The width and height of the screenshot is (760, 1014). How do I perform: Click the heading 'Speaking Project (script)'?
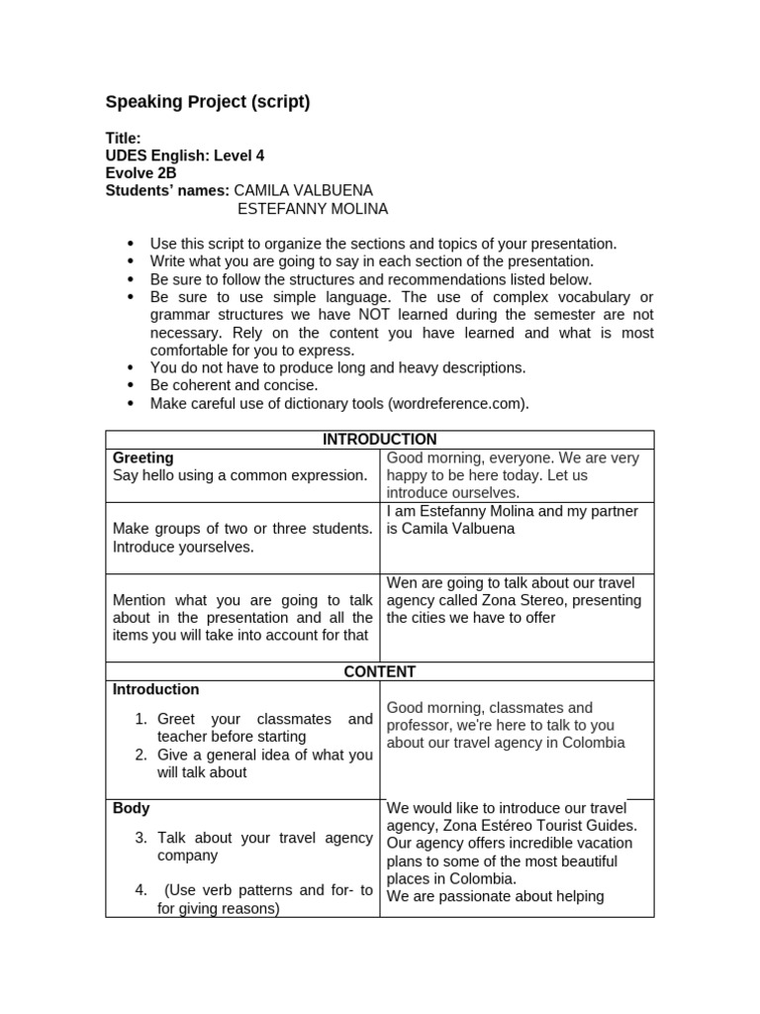tap(208, 102)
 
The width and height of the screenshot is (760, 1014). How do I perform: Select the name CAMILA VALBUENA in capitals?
tap(304, 190)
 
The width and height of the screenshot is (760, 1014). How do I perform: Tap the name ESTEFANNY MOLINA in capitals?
tap(313, 209)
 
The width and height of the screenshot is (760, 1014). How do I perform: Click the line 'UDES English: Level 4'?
tap(185, 155)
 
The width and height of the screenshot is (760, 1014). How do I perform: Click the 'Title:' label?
tap(124, 138)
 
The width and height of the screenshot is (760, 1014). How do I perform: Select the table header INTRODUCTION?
tap(379, 440)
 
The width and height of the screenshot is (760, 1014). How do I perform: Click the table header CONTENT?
tap(379, 671)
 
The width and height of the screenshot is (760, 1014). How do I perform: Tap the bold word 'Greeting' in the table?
tap(143, 457)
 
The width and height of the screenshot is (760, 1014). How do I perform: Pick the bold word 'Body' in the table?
tap(131, 808)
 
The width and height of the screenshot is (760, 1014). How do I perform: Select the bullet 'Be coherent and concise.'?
tap(234, 385)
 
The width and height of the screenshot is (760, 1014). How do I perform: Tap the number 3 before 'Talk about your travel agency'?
tap(142, 838)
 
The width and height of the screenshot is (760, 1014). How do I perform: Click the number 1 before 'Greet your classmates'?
tap(142, 719)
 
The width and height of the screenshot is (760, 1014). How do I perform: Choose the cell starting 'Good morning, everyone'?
tap(513, 475)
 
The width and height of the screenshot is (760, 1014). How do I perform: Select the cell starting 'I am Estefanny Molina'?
tap(513, 520)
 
